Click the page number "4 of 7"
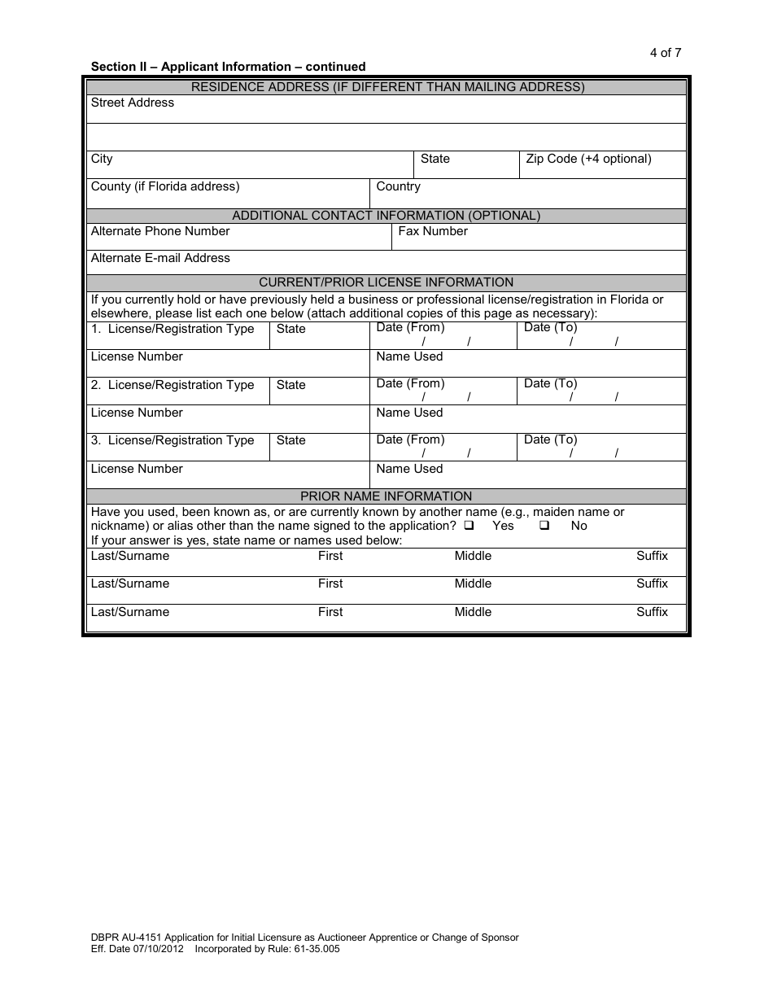(665, 53)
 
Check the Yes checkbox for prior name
(469, 526)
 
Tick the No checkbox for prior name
(544, 526)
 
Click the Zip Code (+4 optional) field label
(588, 159)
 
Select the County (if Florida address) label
(165, 186)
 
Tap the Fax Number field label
(433, 231)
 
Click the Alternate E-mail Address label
(160, 258)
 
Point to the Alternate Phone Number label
(160, 231)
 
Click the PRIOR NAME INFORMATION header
(386, 496)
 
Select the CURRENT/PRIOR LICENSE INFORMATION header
(386, 282)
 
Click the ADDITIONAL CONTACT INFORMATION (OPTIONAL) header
(386, 216)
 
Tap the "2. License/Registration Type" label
(173, 385)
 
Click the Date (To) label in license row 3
(550, 439)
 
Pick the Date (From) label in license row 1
(410, 327)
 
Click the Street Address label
(133, 103)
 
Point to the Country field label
(398, 186)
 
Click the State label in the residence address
(435, 159)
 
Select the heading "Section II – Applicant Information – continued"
(228, 67)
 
